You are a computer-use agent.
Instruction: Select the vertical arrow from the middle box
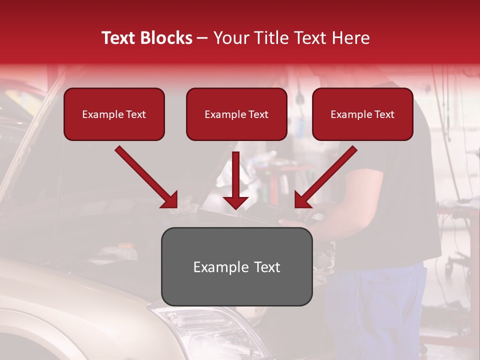pos(235,180)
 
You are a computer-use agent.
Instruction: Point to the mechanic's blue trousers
pos(380,310)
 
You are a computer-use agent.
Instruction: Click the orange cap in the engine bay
pos(126,246)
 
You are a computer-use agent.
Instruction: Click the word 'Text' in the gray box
pos(265,267)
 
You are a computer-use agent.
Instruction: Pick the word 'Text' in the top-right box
pos(384,114)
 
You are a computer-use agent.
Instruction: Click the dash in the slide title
pos(202,38)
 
